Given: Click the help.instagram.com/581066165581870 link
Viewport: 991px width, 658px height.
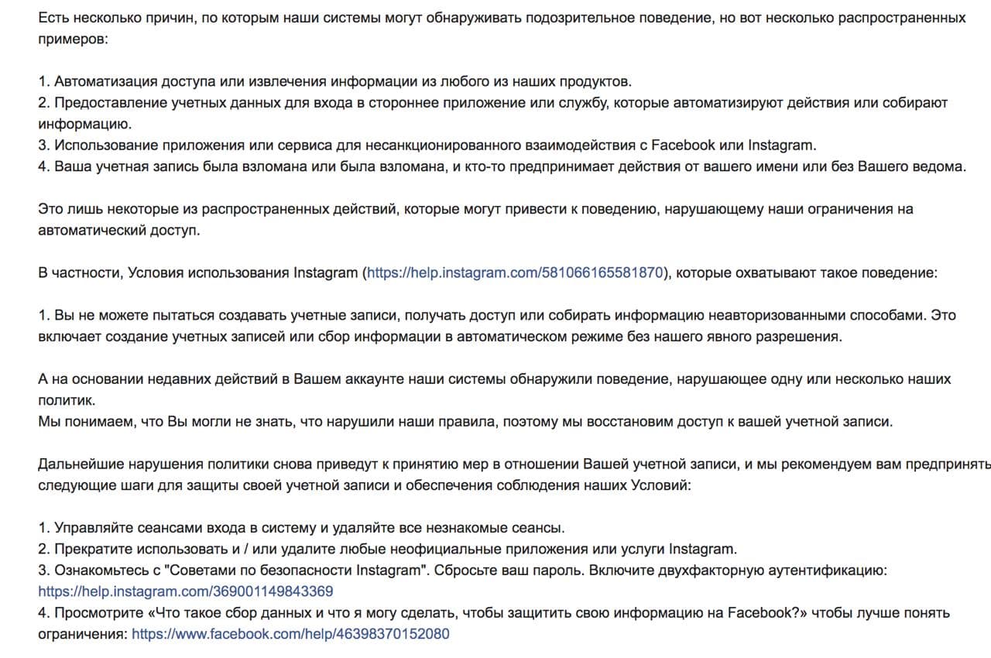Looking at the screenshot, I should [515, 272].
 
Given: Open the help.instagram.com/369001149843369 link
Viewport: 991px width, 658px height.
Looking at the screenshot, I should [186, 591].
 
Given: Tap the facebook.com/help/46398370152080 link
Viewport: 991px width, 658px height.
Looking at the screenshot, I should [290, 634].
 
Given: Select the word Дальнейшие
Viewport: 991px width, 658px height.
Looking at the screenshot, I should [74, 464].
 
